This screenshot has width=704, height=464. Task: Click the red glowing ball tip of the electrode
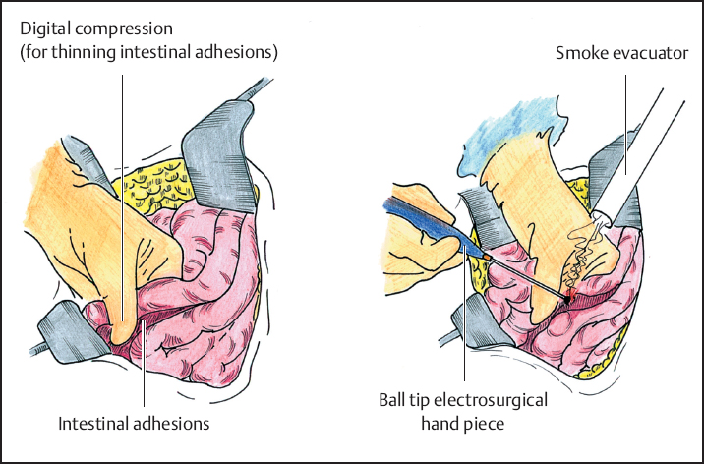tap(569, 294)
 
